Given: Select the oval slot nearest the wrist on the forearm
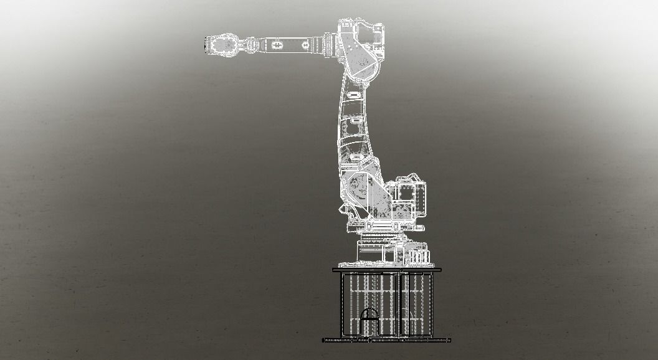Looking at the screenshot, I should pyautogui.click(x=277, y=45).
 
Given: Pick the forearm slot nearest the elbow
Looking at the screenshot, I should pyautogui.click(x=306, y=45).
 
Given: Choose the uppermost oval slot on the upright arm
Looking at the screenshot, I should pyautogui.click(x=353, y=94).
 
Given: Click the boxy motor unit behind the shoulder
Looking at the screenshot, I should pyautogui.click(x=408, y=198).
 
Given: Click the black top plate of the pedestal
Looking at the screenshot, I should pyautogui.click(x=387, y=270).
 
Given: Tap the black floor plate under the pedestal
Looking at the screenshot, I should pyautogui.click(x=386, y=341).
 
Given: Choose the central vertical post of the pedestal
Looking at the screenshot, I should pyautogui.click(x=399, y=305).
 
